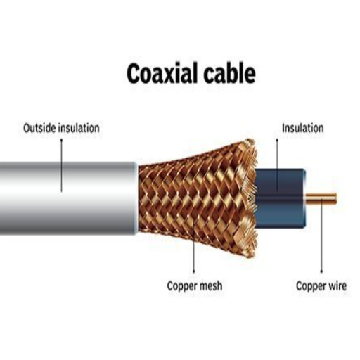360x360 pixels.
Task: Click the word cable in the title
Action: click(x=229, y=73)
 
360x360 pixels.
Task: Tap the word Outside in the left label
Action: click(x=40, y=128)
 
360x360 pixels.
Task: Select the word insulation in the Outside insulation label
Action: click(x=79, y=128)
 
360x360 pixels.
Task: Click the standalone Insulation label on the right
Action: click(x=302, y=128)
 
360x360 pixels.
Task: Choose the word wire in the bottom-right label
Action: click(x=337, y=286)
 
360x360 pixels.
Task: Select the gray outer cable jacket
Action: click(x=68, y=198)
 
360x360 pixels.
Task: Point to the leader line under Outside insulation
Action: click(x=62, y=165)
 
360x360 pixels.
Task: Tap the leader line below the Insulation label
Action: click(x=277, y=166)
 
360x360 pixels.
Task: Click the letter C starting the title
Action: click(x=134, y=73)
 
